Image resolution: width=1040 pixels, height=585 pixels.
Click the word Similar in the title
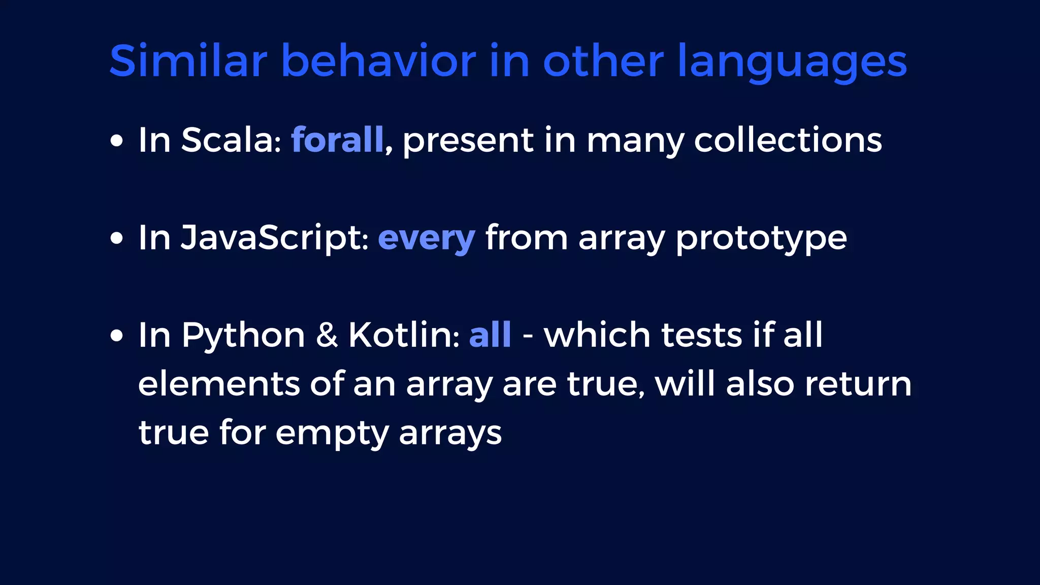click(x=188, y=61)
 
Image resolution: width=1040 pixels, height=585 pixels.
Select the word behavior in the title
click(x=378, y=61)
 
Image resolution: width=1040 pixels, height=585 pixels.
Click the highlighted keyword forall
click(x=337, y=140)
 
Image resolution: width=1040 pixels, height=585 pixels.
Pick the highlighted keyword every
click(x=427, y=239)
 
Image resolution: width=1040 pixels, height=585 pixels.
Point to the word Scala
click(x=231, y=140)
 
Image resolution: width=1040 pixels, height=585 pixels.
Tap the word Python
click(x=243, y=336)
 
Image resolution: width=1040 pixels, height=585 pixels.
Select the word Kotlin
click(x=404, y=335)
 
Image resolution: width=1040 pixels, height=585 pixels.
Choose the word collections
click(x=788, y=140)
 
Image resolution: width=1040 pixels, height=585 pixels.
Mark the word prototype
click(x=761, y=239)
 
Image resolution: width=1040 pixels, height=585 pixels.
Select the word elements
click(x=219, y=384)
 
